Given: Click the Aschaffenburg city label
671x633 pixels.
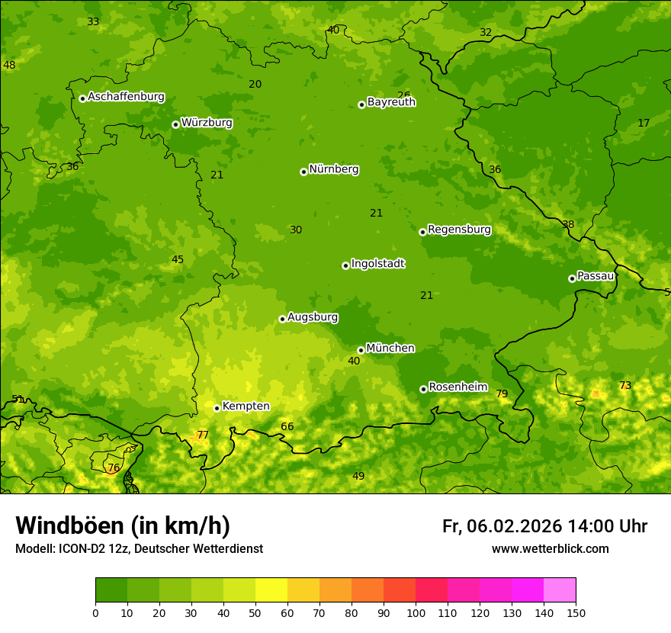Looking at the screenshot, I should (126, 97).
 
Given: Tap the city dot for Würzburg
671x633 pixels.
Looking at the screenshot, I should (175, 124).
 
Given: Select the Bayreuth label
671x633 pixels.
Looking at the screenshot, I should (391, 102).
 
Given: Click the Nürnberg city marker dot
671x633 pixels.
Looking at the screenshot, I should (303, 172).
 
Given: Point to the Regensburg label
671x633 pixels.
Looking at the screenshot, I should (459, 230).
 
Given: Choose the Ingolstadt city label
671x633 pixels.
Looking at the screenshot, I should (377, 264).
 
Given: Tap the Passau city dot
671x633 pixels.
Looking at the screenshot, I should (572, 278).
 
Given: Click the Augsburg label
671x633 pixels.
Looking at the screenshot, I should (312, 317).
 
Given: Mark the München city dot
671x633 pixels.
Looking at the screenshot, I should (361, 350).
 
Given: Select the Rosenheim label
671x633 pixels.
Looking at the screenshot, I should (457, 387).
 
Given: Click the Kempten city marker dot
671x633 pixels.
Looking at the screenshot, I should (217, 408).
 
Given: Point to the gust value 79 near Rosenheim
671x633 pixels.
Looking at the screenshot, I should (502, 394).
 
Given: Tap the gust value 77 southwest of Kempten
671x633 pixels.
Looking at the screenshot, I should (203, 435).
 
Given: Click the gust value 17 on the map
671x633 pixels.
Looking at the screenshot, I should (644, 124).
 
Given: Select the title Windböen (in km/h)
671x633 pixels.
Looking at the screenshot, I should (123, 525).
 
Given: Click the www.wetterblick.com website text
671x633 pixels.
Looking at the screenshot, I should (550, 549).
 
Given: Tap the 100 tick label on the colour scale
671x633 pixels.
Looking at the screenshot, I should (416, 612).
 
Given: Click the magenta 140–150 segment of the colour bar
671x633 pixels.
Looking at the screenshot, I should (560, 590).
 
